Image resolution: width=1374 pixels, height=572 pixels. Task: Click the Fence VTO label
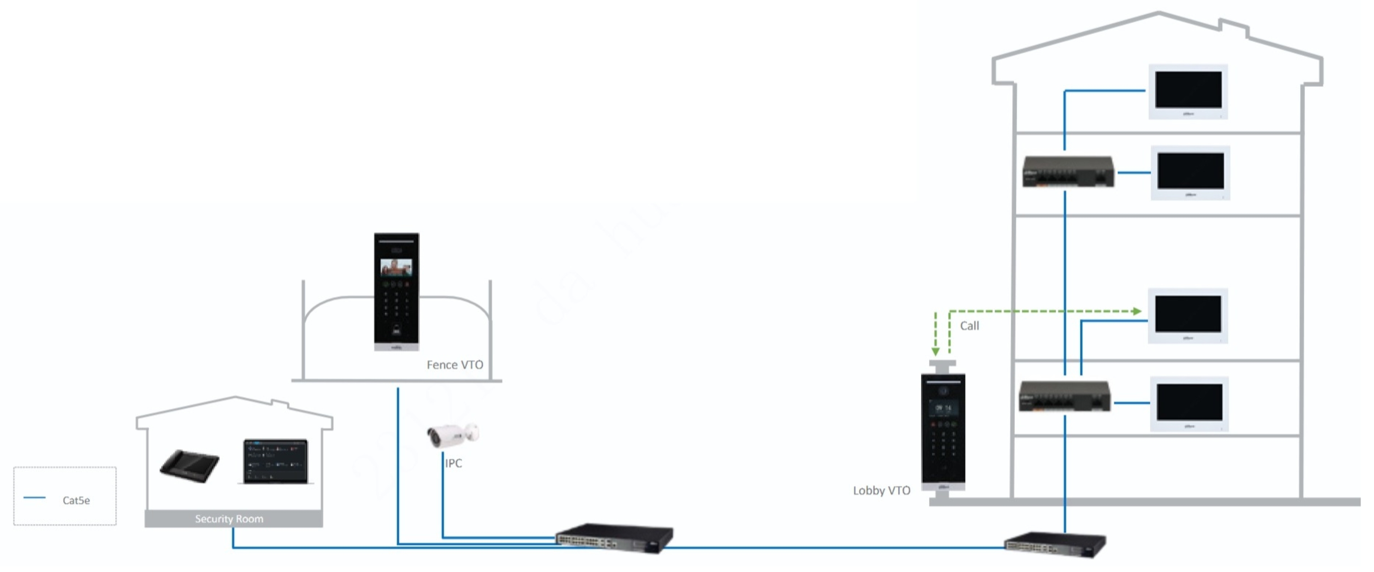pos(455,365)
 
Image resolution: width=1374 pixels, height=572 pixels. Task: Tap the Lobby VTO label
pos(881,490)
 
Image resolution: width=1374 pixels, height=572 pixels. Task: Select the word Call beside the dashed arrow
pos(969,326)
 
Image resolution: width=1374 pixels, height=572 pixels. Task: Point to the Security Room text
pos(229,519)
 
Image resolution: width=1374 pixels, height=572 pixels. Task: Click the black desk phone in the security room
pos(189,465)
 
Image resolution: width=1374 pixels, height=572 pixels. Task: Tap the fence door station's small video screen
pos(396,267)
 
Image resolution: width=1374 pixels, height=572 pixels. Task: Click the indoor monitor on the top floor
pos(1188,91)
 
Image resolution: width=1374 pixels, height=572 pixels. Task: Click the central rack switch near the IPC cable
pos(614,537)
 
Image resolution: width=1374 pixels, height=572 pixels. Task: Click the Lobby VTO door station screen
pos(943,409)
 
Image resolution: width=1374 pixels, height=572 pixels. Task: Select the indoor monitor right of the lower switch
pos(1189,403)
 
